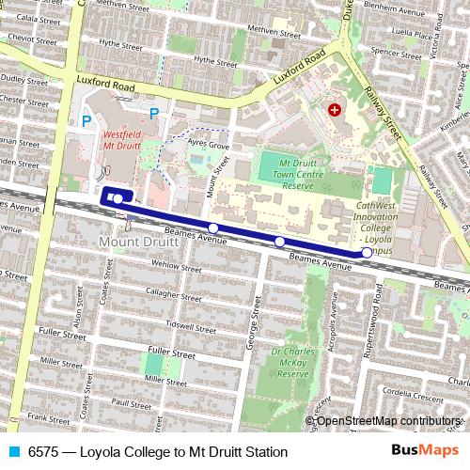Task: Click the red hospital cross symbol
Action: pos(334,111)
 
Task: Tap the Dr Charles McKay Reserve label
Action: pos(290,363)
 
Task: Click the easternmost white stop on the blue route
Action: pos(367,253)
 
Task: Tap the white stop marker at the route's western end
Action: pos(117,198)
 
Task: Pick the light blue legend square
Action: pos(12,452)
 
